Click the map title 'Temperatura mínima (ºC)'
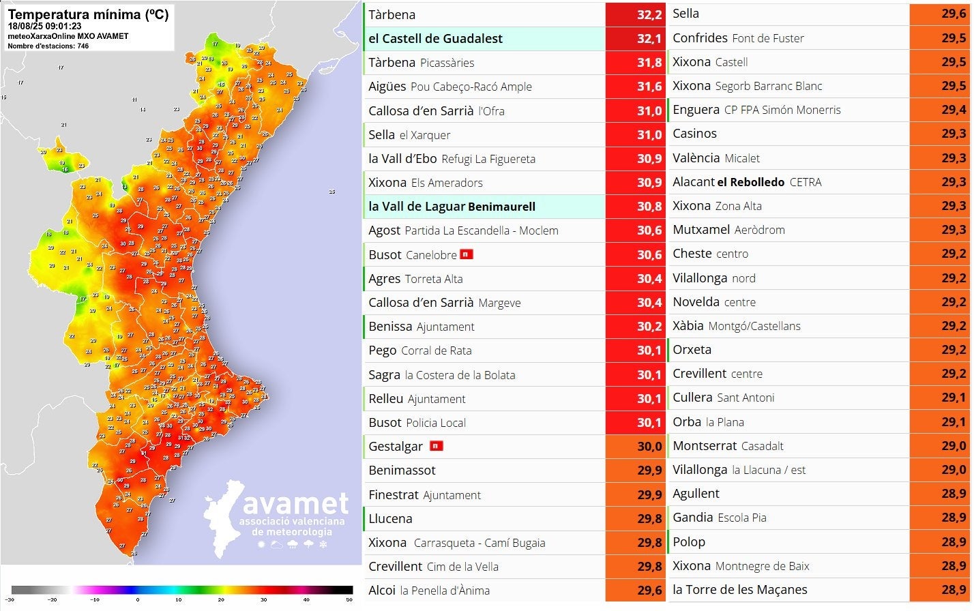(x=88, y=14)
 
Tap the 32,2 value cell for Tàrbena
(x=634, y=15)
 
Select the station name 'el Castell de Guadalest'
(x=435, y=39)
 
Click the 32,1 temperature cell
(x=634, y=39)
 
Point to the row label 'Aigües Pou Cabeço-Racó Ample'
(x=449, y=87)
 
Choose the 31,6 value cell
(x=634, y=87)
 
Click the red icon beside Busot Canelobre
(x=467, y=254)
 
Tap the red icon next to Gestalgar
(x=436, y=446)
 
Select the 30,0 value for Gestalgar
(x=634, y=447)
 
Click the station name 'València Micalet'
(x=715, y=158)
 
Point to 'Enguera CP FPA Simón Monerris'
(x=756, y=110)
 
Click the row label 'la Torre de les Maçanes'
(x=739, y=590)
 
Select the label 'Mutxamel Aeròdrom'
(x=728, y=230)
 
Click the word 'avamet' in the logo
(x=295, y=504)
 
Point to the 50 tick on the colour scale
(x=349, y=600)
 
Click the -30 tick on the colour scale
(x=10, y=600)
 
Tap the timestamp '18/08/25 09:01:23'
(x=44, y=27)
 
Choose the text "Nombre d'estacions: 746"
(x=48, y=46)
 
